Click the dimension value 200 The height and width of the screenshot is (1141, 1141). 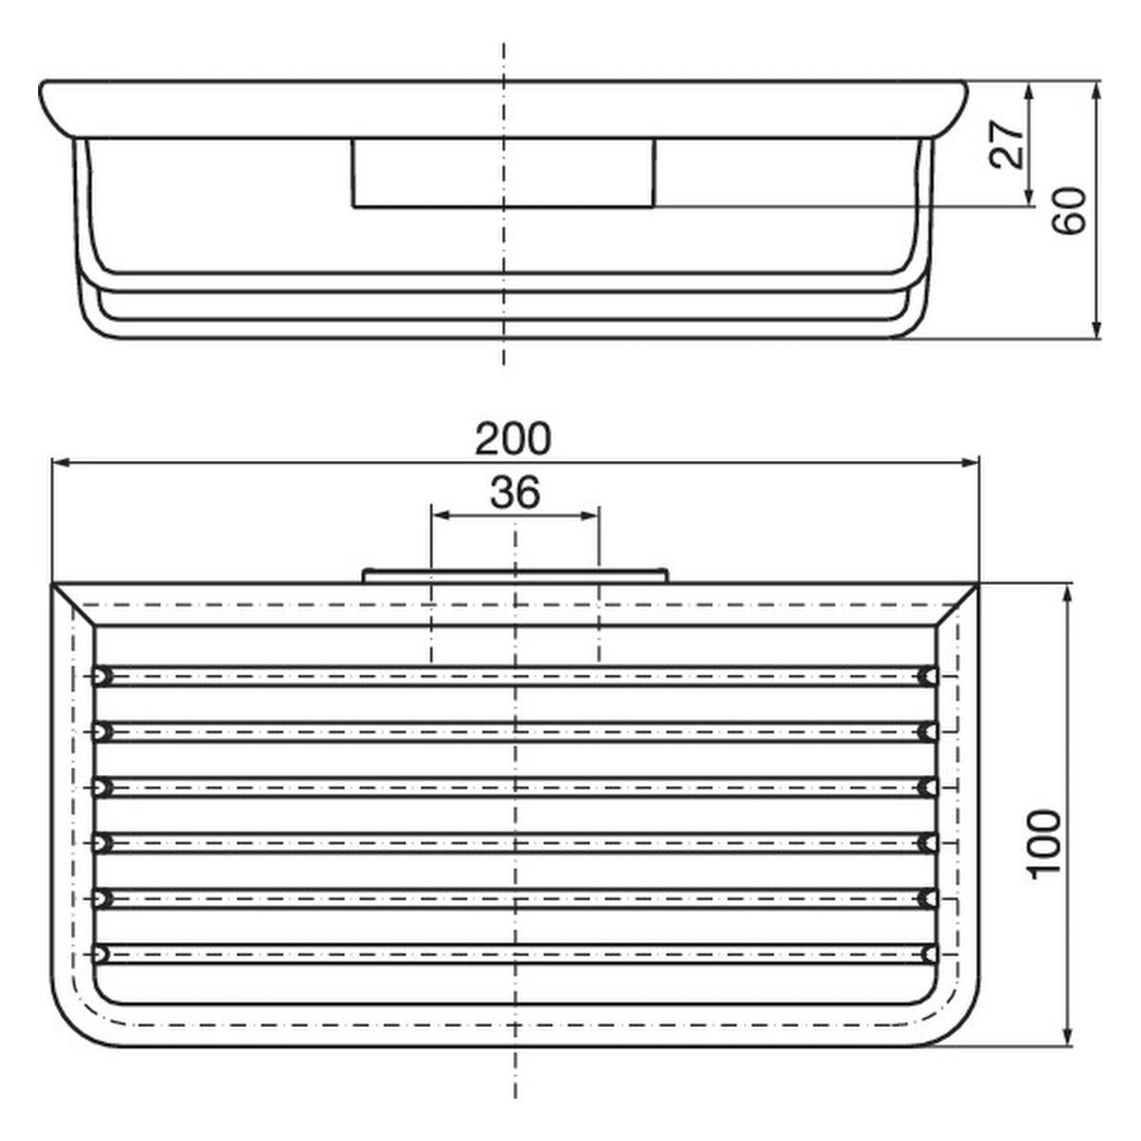512,439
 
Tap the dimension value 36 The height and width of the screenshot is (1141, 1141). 515,493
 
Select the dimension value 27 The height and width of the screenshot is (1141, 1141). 1008,145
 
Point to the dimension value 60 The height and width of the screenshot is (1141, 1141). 1071,211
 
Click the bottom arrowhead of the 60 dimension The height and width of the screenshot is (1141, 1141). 1096,327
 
